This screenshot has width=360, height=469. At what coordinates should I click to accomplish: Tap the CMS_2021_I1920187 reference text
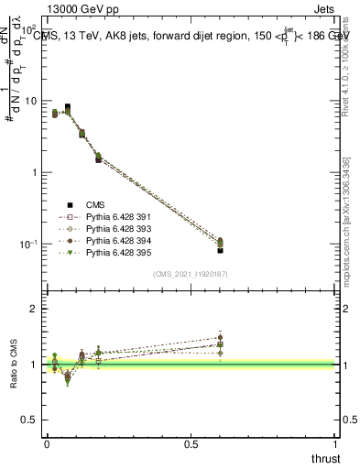(190, 274)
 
